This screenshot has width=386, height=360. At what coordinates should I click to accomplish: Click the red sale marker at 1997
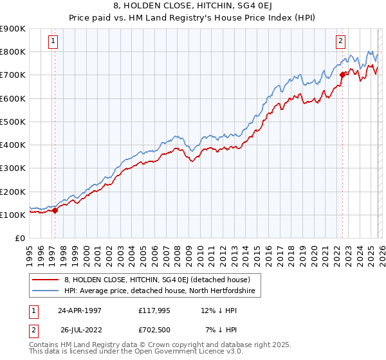55,210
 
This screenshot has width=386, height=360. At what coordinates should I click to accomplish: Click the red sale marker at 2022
342,74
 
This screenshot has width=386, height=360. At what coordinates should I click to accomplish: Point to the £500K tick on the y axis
13,122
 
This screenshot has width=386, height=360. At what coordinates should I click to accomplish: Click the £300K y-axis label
13,168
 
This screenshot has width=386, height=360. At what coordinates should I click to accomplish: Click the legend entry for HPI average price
160,291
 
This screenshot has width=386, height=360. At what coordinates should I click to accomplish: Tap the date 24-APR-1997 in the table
79,310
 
